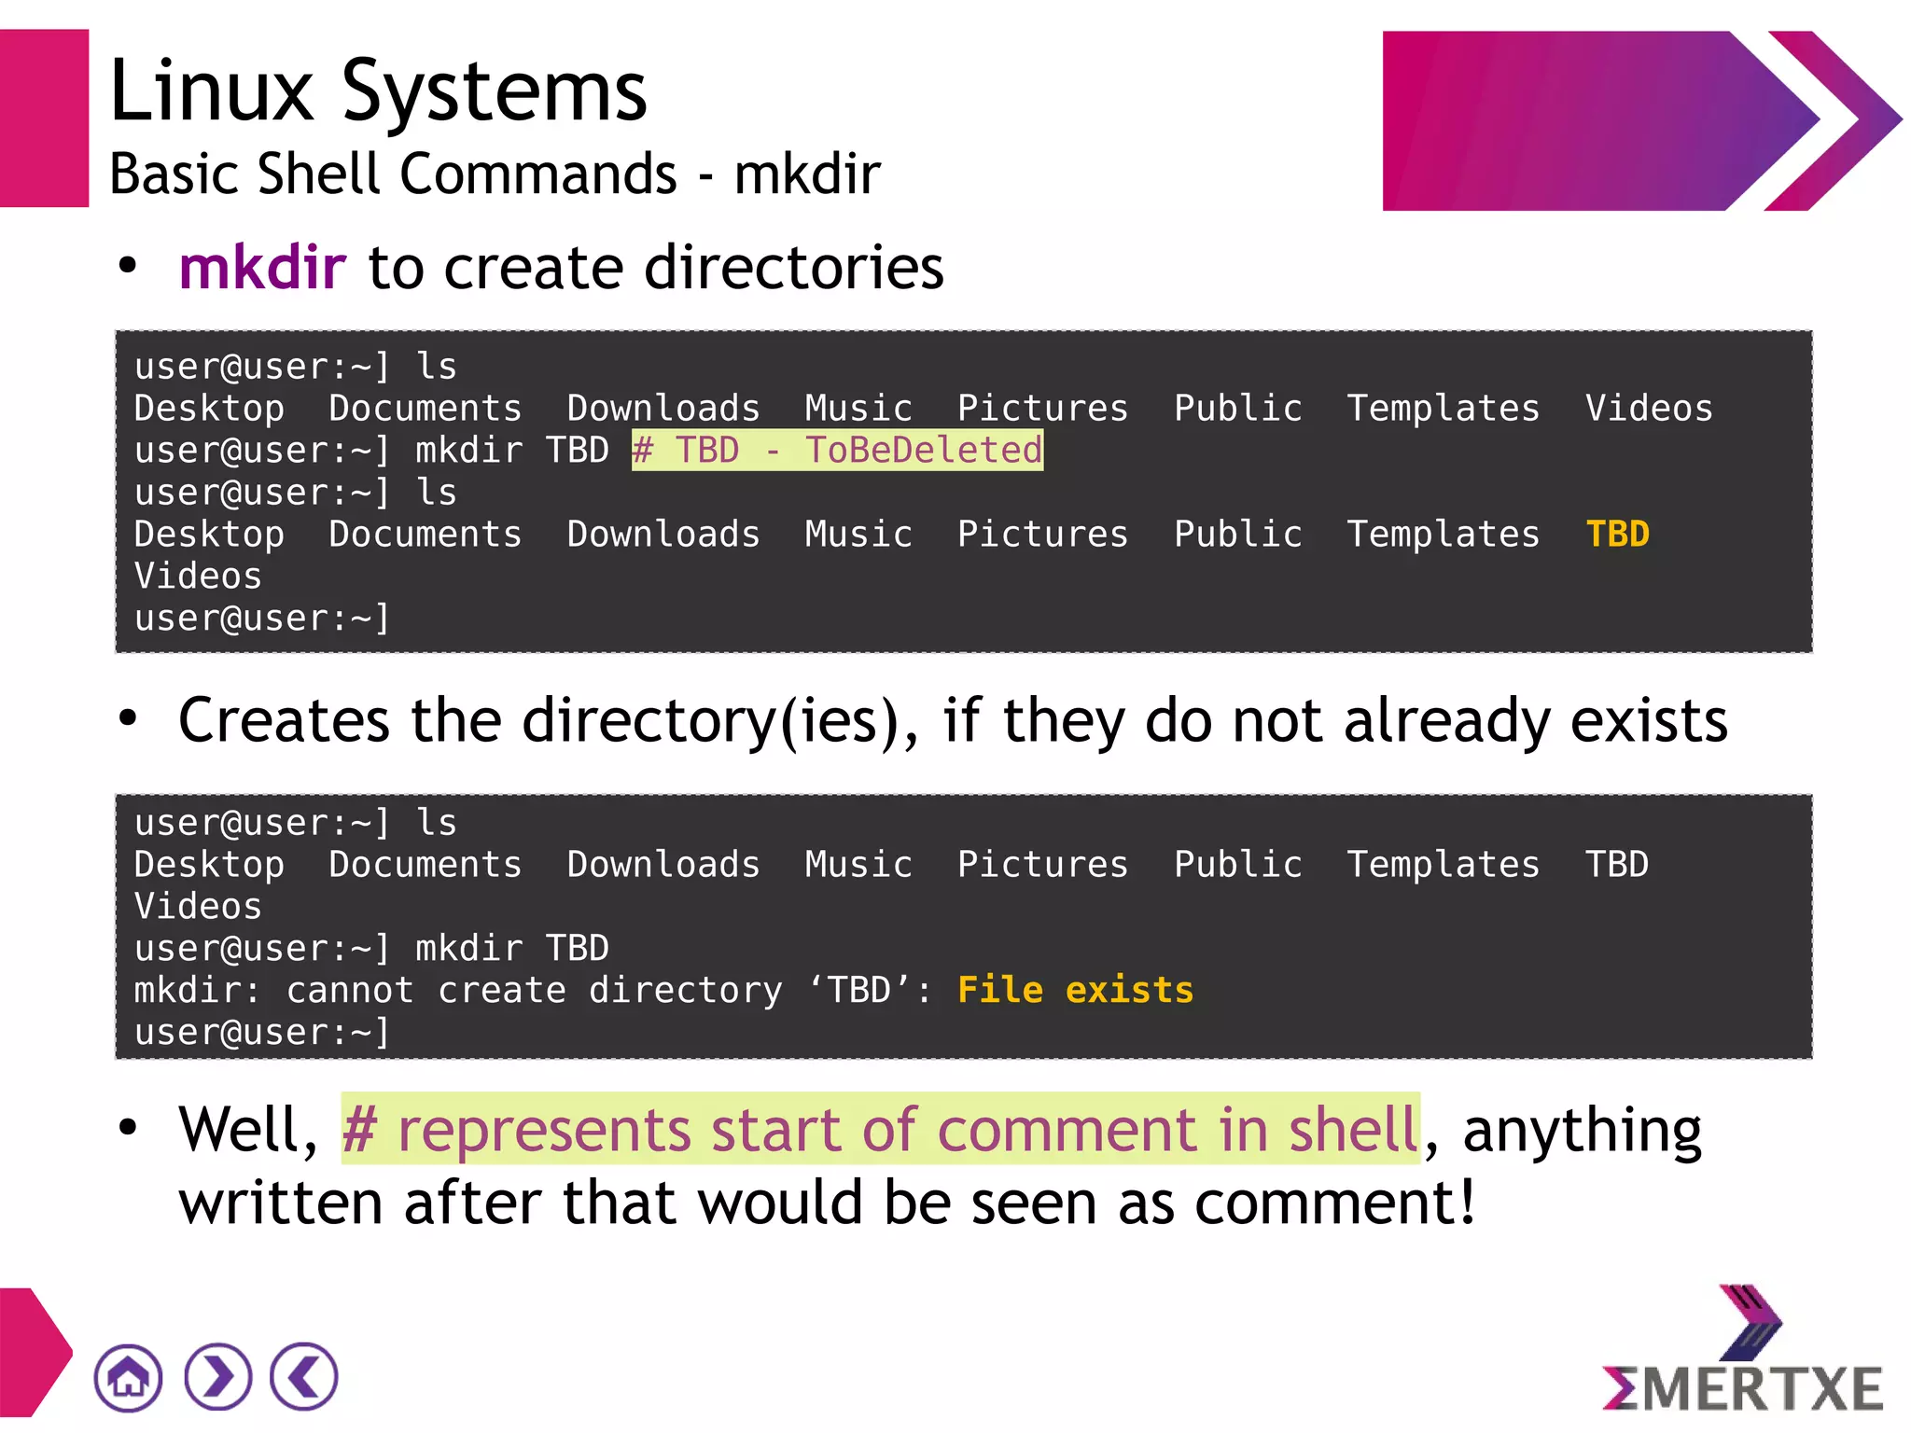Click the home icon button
click(128, 1377)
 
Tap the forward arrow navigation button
click(217, 1377)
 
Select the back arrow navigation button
click(304, 1377)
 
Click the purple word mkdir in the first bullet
click(262, 268)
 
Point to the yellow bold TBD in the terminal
click(1617, 535)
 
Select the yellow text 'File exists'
click(1075, 990)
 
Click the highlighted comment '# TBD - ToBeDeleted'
click(837, 451)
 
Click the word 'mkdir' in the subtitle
click(807, 174)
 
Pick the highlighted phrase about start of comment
click(880, 1130)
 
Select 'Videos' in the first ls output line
click(1649, 409)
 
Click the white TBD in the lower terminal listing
click(1617, 865)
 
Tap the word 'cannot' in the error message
click(350, 990)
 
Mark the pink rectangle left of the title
click(44, 118)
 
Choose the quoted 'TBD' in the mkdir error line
click(858, 990)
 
